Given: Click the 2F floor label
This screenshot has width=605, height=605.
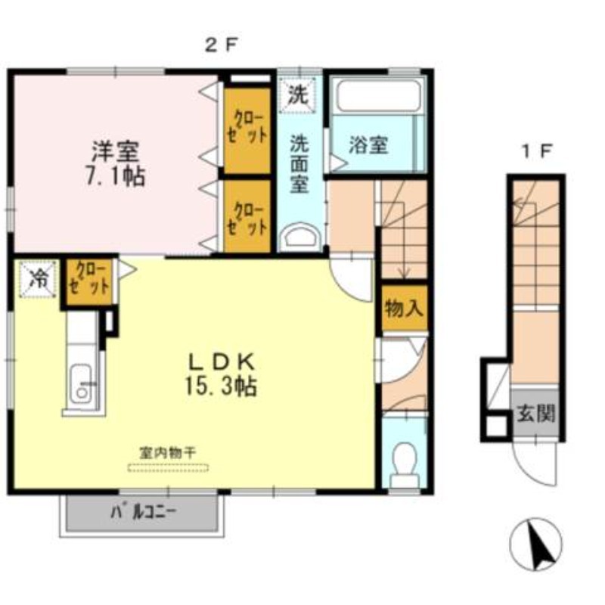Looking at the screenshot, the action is pos(220,46).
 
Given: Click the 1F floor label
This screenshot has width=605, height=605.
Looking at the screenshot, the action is pos(537,150).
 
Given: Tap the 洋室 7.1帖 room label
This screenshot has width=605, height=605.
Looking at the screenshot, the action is pos(116,164).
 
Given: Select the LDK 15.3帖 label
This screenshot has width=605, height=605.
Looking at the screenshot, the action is pos(221,374).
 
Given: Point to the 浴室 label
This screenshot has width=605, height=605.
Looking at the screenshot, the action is pos(368,145).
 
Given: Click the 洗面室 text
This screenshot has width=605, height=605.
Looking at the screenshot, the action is pos(299,163).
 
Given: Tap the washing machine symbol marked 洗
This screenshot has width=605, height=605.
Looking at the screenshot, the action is pos(297,95).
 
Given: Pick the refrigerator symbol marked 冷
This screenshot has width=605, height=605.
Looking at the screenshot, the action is pos(39,279).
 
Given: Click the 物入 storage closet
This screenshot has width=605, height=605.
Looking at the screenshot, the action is pos(405,309).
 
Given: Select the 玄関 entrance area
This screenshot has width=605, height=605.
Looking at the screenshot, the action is pos(535,413).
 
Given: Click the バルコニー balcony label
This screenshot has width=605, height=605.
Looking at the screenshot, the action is pos(143,513).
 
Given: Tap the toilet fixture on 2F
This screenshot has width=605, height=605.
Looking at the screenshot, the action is pos(404,466).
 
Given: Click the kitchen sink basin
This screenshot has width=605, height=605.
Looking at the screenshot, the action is pos(82,383).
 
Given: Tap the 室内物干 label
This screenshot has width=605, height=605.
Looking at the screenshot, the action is pos(168,452).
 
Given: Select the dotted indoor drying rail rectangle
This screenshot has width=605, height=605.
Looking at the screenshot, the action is pos(168,468).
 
